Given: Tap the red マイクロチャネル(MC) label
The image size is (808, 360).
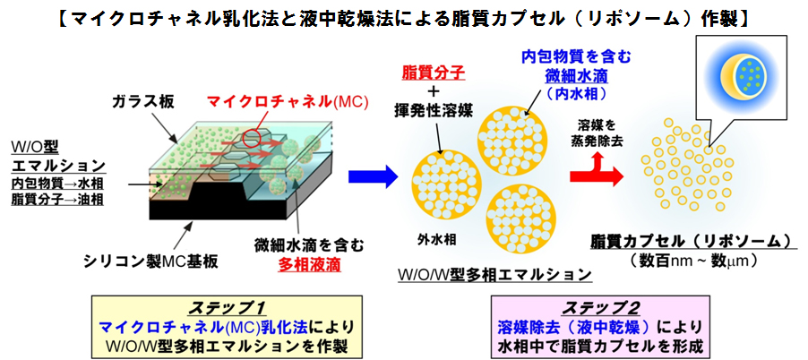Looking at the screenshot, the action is click(x=287, y=101).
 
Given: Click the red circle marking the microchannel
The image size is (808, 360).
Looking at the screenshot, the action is click(x=252, y=136).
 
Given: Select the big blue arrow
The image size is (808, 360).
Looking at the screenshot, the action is click(x=373, y=177).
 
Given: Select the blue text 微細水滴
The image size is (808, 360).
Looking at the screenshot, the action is click(x=575, y=77).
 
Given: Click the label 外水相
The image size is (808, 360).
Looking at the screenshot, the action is click(x=438, y=239).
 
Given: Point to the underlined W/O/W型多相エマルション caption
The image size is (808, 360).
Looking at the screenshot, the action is click(x=494, y=275).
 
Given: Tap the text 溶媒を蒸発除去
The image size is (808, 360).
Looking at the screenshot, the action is click(x=597, y=133).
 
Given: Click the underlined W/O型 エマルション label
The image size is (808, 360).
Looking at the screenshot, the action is click(x=57, y=157).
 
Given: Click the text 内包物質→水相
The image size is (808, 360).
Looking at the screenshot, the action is click(x=57, y=184).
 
